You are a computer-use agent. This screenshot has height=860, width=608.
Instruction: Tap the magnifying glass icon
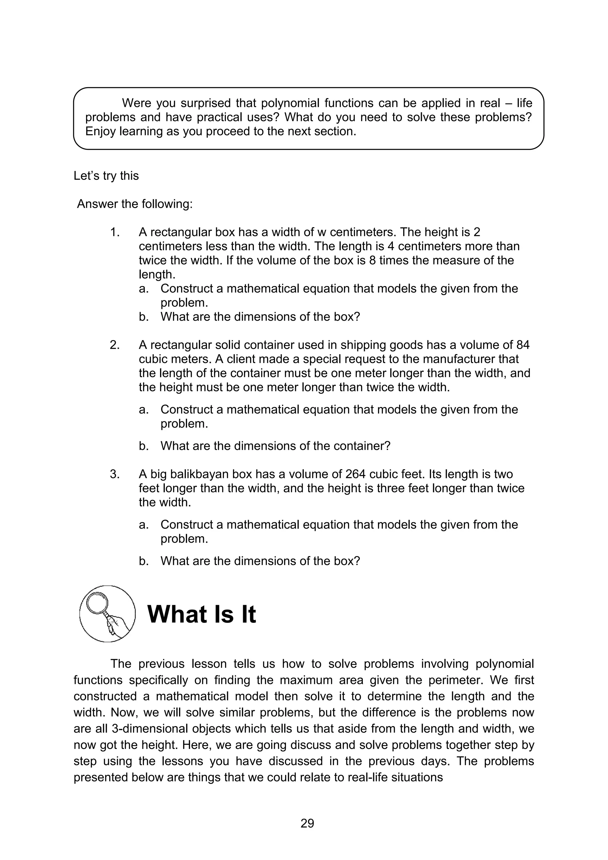tap(107, 614)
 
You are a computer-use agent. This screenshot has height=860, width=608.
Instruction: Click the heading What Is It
tap(202, 615)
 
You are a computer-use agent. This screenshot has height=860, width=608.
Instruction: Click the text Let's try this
tap(106, 176)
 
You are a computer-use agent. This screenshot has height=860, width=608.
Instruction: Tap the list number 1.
tap(115, 232)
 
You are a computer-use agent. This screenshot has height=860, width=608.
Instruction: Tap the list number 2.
tap(115, 345)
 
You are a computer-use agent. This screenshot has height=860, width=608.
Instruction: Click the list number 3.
tap(115, 474)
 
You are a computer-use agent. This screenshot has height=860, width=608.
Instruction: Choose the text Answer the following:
tap(134, 204)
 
